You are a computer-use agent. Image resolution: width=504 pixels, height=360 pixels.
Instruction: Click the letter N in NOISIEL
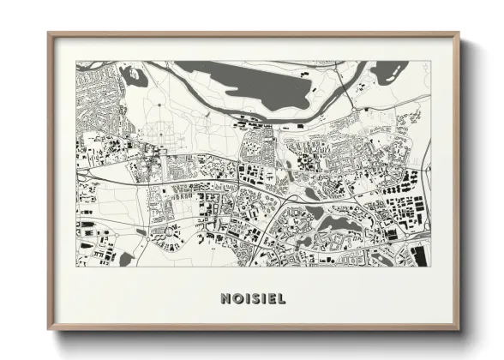tap(225, 299)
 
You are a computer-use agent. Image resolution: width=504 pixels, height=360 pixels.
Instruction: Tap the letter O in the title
tap(237, 299)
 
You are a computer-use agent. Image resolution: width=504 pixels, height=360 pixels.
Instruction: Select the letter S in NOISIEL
tap(255, 299)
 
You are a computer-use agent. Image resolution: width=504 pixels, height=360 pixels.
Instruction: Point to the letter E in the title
tap(272, 299)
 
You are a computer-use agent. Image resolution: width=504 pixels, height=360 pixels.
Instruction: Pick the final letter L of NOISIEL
tap(282, 299)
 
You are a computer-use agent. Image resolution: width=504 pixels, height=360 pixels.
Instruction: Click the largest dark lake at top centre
tap(257, 87)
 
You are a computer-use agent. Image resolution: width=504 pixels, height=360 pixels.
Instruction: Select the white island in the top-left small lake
tap(135, 75)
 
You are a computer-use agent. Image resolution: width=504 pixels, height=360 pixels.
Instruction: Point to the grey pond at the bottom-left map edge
tap(126, 258)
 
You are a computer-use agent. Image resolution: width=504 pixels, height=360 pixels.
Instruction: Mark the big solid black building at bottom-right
tap(419, 254)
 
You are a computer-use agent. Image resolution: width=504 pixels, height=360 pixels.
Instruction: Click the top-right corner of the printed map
tap(430, 62)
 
